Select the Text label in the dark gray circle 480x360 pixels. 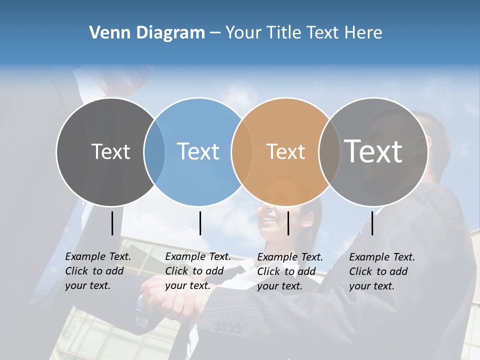tap(110, 151)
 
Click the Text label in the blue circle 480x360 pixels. tap(198, 151)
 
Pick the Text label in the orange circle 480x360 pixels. tap(285, 151)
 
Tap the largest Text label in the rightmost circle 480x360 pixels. tap(373, 151)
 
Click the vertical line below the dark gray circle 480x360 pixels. tap(112, 223)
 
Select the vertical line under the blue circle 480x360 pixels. tap(200, 223)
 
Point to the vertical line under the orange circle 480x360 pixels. tap(288, 223)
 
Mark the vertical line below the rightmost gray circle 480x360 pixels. tap(372, 223)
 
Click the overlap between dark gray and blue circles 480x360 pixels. tap(154, 152)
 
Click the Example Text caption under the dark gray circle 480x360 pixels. tap(98, 271)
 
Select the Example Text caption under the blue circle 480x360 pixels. tap(198, 271)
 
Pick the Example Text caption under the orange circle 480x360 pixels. tap(290, 271)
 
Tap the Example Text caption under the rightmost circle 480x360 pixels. tap(382, 271)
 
